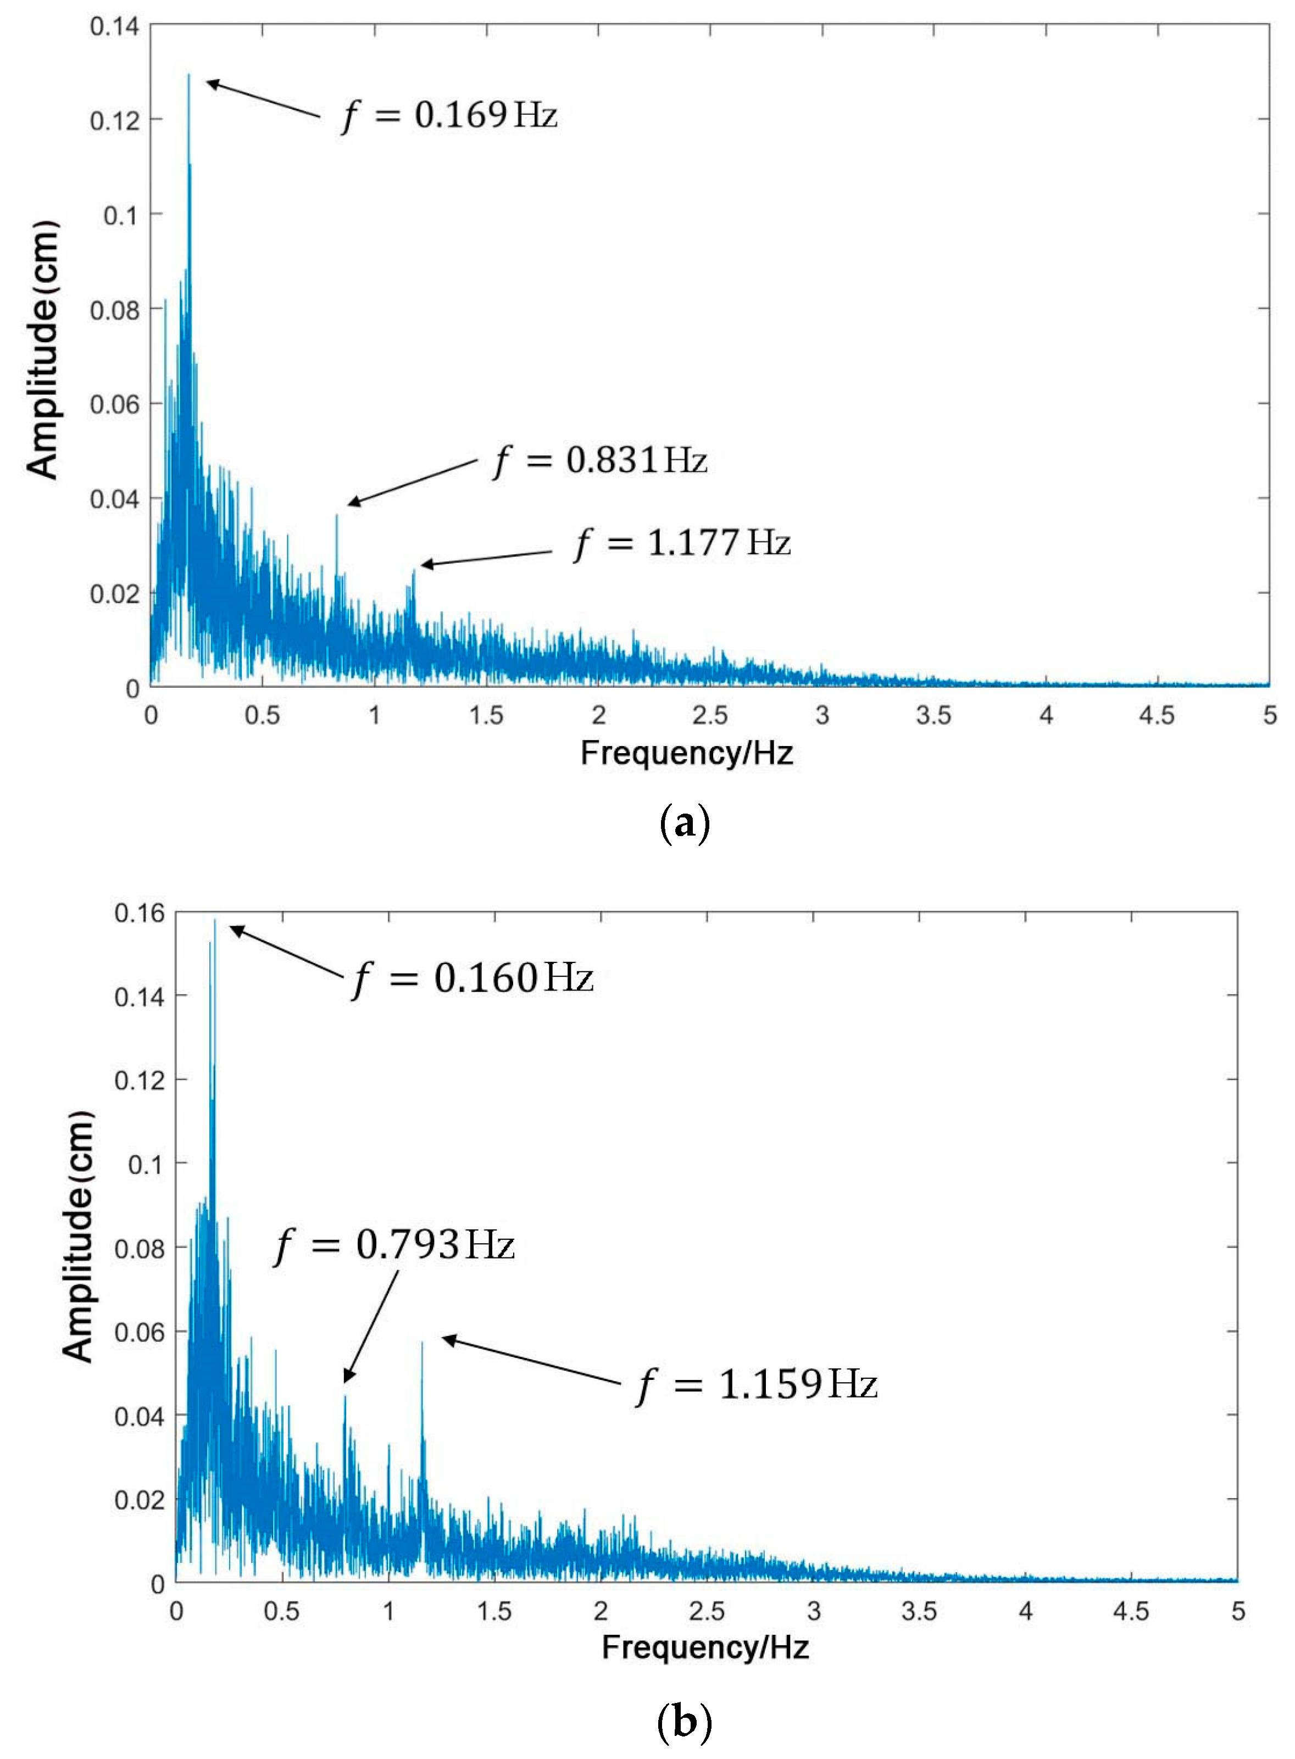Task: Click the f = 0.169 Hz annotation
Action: point(450,115)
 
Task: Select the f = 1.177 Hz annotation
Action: point(683,542)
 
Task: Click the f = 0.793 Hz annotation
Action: point(394,1244)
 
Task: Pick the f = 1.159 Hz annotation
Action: point(757,1384)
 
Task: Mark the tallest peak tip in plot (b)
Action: point(214,920)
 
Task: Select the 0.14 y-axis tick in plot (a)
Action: point(114,26)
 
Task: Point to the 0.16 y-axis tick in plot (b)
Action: point(140,912)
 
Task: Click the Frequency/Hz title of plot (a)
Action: point(687,753)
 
